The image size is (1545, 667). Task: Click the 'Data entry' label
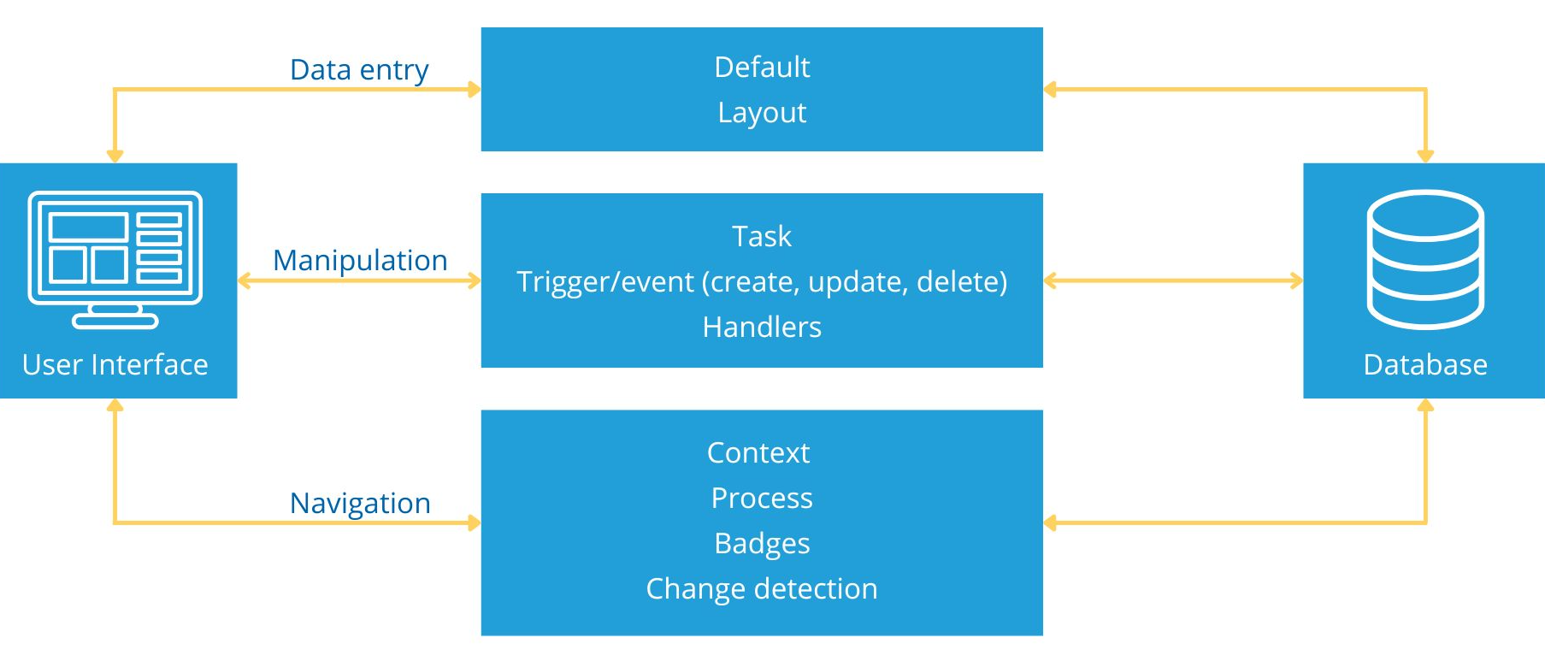coord(359,70)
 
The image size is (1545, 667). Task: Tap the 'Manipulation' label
coord(360,260)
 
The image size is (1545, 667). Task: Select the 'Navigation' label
coord(360,503)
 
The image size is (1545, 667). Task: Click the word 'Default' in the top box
coord(762,67)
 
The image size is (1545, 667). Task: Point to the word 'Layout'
coord(762,113)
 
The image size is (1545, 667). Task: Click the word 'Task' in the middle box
coord(762,236)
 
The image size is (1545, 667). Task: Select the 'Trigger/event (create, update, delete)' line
coord(762,282)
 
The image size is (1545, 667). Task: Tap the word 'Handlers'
coord(762,327)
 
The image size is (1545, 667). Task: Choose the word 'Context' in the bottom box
coord(758,452)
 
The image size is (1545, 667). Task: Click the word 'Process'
coord(762,498)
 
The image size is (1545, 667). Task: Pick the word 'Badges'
coord(762,544)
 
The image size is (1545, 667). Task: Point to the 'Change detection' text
coord(762,588)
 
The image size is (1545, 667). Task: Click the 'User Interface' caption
coord(115,364)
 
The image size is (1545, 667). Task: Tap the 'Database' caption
coord(1425,364)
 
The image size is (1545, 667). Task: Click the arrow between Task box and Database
coord(1173,280)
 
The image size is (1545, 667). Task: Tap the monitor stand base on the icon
coord(115,322)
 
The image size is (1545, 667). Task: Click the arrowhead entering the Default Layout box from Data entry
coord(475,89)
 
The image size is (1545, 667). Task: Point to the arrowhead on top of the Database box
coord(1425,156)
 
